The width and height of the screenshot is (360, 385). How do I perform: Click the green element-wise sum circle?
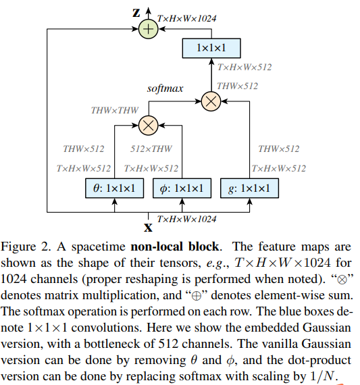point(147,28)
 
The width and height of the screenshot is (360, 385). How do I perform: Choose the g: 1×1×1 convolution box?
point(249,188)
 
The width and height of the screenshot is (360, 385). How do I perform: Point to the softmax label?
point(165,88)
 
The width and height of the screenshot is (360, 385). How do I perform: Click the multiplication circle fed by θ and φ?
point(148,124)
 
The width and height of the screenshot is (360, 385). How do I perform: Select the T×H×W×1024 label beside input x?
point(187,220)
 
